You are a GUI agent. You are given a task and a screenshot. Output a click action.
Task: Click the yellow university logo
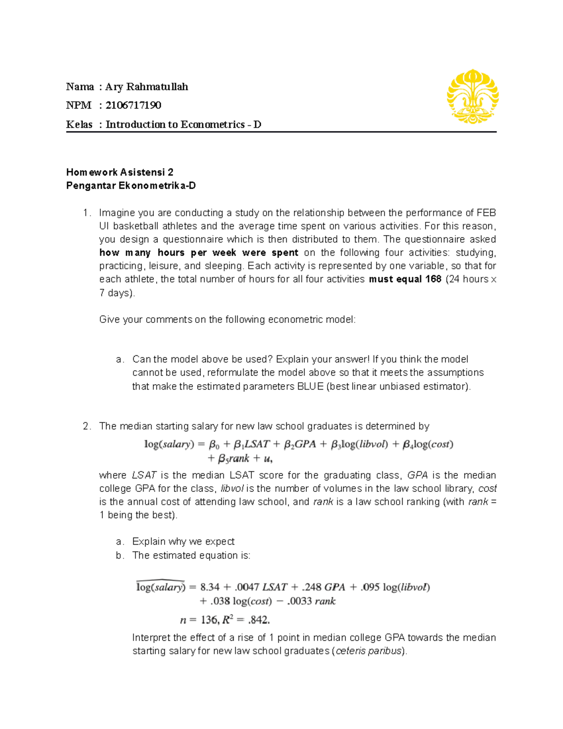pos(472,96)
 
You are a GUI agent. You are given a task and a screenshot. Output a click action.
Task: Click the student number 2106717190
pos(133,105)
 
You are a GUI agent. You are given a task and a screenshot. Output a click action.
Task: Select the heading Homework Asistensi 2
pos(120,172)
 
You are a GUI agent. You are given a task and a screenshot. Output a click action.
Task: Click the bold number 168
pos(434,279)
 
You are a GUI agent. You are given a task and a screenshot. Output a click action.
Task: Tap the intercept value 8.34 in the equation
pos(210,587)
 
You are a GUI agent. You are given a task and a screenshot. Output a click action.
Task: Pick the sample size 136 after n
pos(209,620)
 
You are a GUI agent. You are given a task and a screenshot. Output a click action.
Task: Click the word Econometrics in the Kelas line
pos(213,124)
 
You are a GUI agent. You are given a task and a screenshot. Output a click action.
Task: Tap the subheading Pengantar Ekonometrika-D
pos(131,186)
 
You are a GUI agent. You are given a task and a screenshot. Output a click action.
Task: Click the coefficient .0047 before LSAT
pos(247,587)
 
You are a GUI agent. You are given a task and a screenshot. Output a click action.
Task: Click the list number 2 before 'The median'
pos(86,426)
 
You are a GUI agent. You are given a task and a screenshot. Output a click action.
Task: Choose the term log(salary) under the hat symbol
pos(160,587)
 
